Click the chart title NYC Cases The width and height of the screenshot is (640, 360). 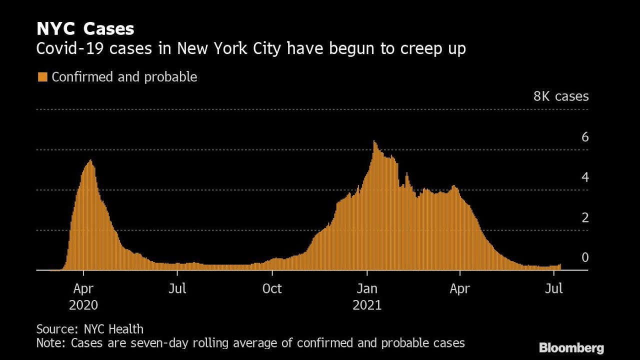pos(85,29)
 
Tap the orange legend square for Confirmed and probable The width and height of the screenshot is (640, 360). pos(42,77)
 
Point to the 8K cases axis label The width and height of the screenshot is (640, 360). pos(560,96)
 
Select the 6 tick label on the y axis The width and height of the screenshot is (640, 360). pos(584,137)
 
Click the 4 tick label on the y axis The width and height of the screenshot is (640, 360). pos(584,177)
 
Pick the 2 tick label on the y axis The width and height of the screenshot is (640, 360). pos(584,217)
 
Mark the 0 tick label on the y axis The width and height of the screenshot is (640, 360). pos(584,257)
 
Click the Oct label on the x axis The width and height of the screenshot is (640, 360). pos(272,289)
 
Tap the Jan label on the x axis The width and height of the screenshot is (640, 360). pos(367,289)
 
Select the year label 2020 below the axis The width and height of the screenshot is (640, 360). pos(83,305)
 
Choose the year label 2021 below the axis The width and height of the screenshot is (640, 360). pos(367,305)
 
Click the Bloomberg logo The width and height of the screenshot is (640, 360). pos(571,348)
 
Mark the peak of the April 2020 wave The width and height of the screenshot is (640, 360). pos(90,160)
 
